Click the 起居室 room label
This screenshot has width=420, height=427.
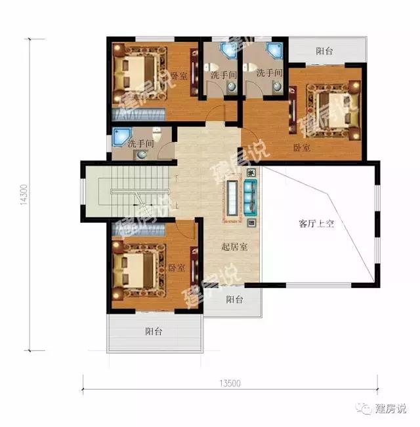click(234, 247)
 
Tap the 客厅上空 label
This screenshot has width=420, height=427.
click(316, 224)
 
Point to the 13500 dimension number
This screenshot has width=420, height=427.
click(229, 384)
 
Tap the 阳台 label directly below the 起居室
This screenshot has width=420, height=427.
click(235, 300)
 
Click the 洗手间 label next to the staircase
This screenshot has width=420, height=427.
click(140, 143)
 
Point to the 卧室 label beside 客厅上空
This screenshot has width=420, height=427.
click(302, 148)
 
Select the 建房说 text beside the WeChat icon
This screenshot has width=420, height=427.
click(390, 410)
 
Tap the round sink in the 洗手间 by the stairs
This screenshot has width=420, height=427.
click(142, 155)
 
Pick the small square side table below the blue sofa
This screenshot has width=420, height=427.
click(251, 223)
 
